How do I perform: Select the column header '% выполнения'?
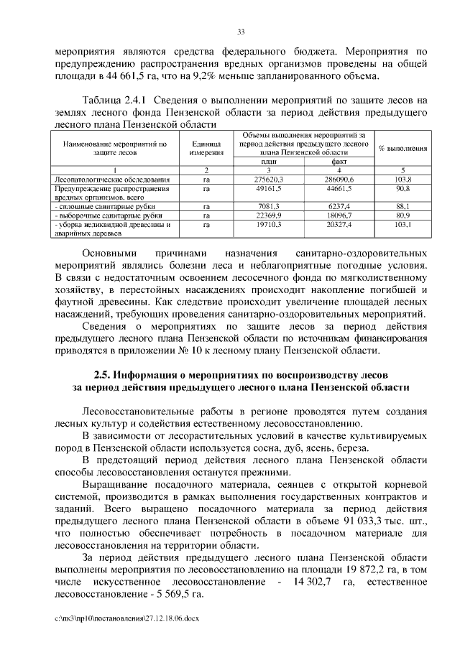tap(402, 148)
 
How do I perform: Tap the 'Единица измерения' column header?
tap(206, 148)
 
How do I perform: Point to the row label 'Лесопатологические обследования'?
tap(111, 177)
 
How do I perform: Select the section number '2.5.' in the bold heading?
tap(105, 374)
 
